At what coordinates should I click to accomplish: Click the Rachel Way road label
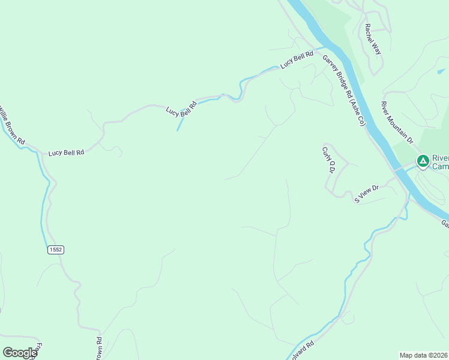373,39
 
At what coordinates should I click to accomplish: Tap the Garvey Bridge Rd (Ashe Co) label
344,90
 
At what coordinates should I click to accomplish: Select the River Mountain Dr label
397,122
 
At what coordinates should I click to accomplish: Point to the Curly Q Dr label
328,160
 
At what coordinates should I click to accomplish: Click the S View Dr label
367,193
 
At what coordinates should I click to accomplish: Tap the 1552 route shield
56,249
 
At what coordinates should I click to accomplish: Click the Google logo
20,353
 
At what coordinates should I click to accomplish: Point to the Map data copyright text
424,355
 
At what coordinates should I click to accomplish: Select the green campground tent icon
423,161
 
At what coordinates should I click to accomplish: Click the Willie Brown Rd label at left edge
11,125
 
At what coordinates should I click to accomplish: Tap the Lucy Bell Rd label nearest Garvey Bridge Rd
298,59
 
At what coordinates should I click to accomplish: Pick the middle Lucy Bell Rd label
181,107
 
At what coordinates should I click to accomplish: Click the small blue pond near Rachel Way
442,71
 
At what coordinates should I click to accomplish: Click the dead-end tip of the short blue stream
178,130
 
